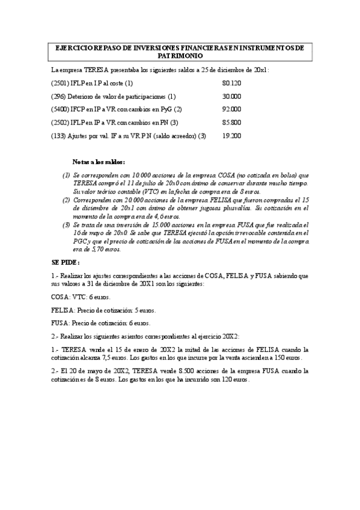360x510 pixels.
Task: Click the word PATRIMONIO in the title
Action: pyautogui.click(x=180, y=55)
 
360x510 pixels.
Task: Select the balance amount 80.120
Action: pyautogui.click(x=231, y=83)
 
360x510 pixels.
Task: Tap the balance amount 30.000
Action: pyautogui.click(x=231, y=96)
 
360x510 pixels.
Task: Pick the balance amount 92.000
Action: pyautogui.click(x=231, y=109)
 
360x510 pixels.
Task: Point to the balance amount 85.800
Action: pyautogui.click(x=231, y=123)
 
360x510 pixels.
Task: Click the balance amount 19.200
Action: pyautogui.click(x=231, y=136)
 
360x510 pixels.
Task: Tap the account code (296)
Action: pyautogui.click(x=58, y=96)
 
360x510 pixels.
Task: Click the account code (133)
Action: pyautogui.click(x=58, y=136)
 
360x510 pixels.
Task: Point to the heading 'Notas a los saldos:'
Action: pyautogui.click(x=99, y=162)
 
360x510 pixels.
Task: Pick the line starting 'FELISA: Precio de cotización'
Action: pyautogui.click(x=103, y=310)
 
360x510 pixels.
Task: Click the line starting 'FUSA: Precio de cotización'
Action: pyautogui.click(x=100, y=323)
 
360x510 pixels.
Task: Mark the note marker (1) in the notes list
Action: pyautogui.click(x=66, y=175)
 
